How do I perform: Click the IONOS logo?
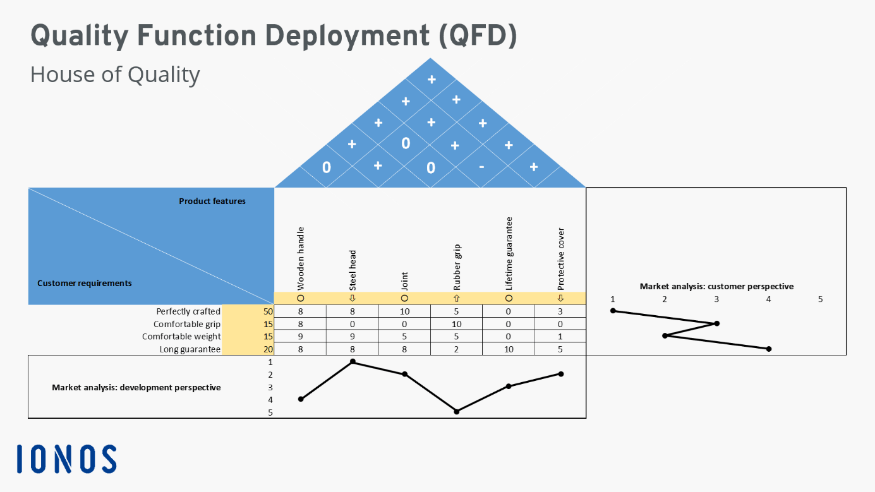(66, 459)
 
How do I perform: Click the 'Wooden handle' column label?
(301, 258)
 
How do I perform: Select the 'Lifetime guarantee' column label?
(509, 253)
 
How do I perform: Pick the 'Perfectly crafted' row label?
(188, 311)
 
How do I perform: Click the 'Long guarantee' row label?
(191, 349)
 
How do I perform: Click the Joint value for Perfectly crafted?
(404, 311)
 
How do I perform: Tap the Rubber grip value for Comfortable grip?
(457, 324)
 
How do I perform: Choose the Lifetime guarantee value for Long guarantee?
(509, 349)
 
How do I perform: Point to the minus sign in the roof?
(482, 167)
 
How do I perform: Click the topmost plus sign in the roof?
(431, 80)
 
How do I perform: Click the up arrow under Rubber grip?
(457, 298)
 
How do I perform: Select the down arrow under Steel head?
(353, 298)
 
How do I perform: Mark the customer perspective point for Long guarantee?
(768, 349)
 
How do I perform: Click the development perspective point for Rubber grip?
(457, 411)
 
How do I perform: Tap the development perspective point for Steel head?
(353, 362)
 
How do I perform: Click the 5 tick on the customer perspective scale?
(820, 299)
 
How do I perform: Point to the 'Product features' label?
(212, 201)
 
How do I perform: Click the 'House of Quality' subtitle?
(115, 75)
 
